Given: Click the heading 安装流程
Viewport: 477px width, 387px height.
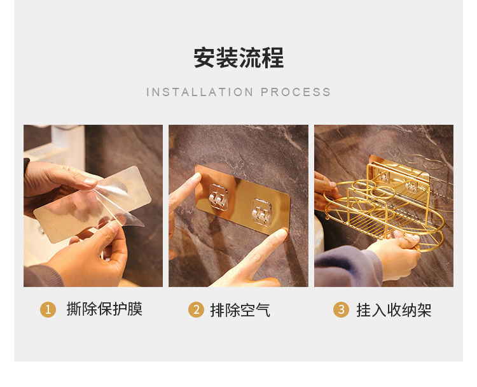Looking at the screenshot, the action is [x=238, y=57].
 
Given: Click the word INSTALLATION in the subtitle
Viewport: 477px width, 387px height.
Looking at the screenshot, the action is [x=200, y=92].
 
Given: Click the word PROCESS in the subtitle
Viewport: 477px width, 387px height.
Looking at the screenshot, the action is [x=295, y=92].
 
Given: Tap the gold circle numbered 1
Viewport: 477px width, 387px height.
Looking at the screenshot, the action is [x=48, y=309].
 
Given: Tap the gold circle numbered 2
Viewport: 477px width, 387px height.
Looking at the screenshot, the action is [x=197, y=309].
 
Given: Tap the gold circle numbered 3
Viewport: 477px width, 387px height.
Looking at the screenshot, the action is [x=342, y=309].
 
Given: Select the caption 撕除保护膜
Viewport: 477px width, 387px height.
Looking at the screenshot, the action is [x=104, y=309].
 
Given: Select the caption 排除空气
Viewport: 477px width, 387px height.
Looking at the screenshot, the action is [x=240, y=310].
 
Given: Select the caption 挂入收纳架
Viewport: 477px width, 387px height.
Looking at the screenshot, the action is [x=394, y=310].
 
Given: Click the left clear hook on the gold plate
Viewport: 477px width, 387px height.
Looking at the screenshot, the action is [x=218, y=197].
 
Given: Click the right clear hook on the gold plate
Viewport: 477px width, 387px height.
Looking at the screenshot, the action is [x=261, y=213].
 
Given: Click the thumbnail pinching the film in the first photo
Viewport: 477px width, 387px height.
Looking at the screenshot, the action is [x=90, y=182].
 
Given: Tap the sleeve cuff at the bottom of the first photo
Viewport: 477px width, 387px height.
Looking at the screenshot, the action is [x=43, y=276].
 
